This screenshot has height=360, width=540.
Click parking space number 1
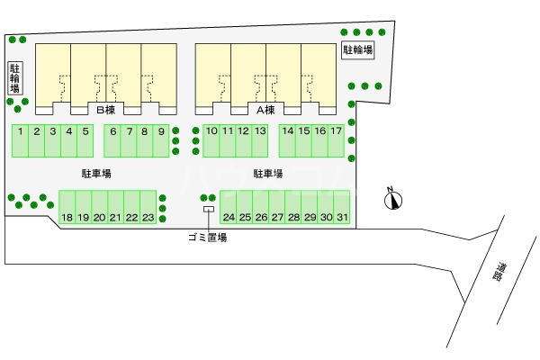pos(21,141)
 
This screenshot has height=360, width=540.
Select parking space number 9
pos(161,141)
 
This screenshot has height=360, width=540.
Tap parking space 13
pos(260,141)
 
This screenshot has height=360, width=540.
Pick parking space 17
pos(336,141)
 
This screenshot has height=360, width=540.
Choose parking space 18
pos(67,207)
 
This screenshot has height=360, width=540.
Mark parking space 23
pos(148,207)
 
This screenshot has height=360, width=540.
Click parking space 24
pos(229,207)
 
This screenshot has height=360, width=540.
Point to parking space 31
pos(342,207)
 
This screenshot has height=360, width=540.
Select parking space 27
pos(277,207)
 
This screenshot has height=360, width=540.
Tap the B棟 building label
pos(105,110)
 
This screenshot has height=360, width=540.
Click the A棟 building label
pos(265,110)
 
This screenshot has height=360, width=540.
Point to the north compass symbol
pos(393,199)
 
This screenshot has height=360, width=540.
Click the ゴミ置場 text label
pos(208,238)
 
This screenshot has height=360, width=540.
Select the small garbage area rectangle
pos(209,209)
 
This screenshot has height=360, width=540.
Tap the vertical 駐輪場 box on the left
pos(14,78)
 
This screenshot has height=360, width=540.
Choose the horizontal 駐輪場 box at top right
pos(358,50)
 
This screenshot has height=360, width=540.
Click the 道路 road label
pos(499,273)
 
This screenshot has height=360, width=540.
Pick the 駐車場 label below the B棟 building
pos(97,174)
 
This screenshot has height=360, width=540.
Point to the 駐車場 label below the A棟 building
pos(268,174)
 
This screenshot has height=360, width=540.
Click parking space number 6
pos(112,141)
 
